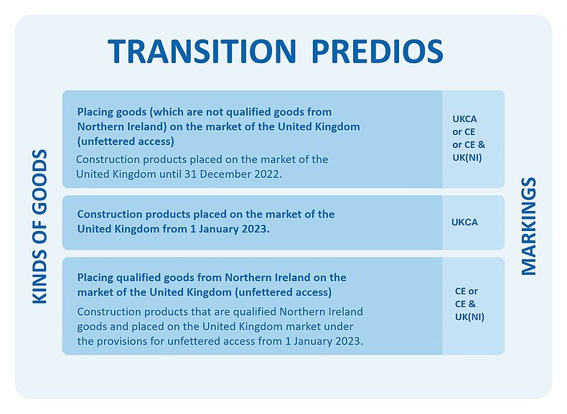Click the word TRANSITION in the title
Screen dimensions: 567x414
coord(202,51)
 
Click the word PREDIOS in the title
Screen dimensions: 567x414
coord(377,51)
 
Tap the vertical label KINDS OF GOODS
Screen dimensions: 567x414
coord(39,226)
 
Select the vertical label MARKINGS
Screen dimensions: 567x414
coord(528,226)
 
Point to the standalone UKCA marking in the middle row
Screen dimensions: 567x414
coord(464,222)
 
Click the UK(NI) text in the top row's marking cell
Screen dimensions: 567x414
coord(467,158)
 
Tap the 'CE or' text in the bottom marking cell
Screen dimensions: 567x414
coord(467,291)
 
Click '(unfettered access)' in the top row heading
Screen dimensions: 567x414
coord(126,141)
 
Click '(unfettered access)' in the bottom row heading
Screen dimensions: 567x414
coord(283,292)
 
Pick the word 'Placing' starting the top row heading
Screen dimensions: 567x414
coord(94,112)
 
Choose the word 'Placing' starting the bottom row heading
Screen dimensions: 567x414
coord(94,278)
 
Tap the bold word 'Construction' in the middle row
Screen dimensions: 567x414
coord(109,214)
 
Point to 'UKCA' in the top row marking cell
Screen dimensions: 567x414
coord(464,119)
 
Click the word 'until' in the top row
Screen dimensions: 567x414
coord(170,174)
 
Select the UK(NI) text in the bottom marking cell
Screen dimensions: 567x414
coord(469,316)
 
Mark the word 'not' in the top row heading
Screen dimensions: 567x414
coord(214,112)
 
